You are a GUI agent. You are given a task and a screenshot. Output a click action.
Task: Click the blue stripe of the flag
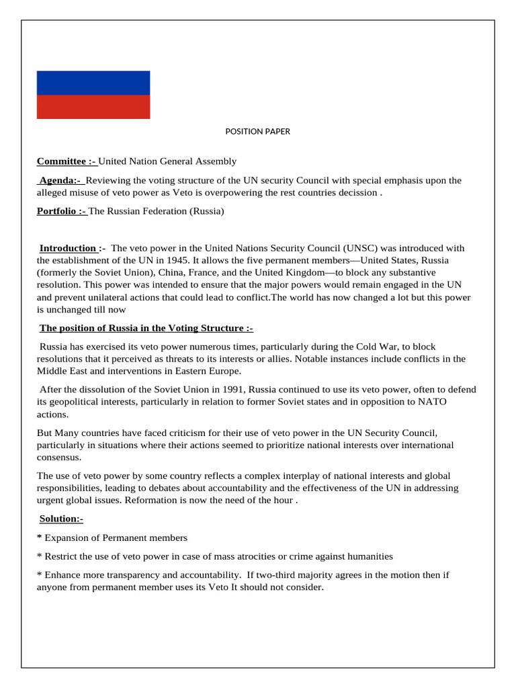point(93,83)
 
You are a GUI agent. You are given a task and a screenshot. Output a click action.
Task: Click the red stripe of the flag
point(93,107)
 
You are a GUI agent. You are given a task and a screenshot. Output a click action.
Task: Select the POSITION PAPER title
point(257,132)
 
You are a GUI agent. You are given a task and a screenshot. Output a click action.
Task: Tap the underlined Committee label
point(67,161)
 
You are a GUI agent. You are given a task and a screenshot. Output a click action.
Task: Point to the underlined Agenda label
point(60,180)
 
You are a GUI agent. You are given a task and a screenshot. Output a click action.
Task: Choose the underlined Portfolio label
point(62,211)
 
